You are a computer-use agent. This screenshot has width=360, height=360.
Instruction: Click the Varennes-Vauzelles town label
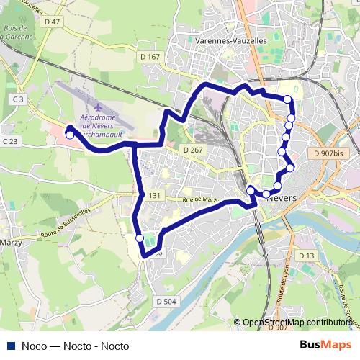coord(230,41)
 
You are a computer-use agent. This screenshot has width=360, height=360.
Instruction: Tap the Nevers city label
coord(278,201)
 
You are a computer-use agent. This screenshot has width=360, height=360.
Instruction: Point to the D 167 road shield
coord(150,56)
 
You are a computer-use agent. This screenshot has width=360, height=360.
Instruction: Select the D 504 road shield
coord(165,302)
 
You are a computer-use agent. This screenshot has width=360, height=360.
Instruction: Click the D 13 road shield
coord(307,256)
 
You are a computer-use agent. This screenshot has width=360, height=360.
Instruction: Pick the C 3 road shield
coord(18,99)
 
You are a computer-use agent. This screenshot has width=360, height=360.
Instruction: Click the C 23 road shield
coord(9,142)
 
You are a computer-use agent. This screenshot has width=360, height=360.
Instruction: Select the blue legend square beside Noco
coord(10,346)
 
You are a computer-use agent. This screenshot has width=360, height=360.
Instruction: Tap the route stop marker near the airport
coord(69,134)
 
